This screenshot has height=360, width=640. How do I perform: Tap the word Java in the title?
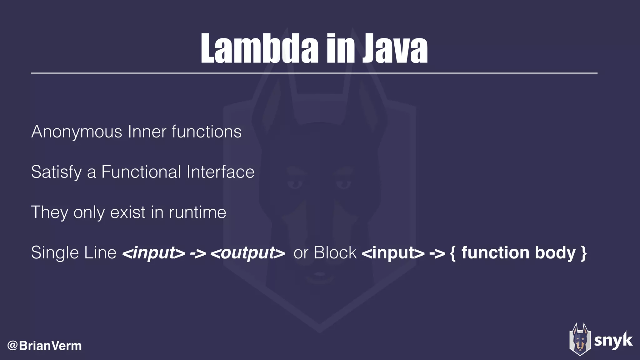pos(395,49)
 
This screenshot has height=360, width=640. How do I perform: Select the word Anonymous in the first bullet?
pos(77,132)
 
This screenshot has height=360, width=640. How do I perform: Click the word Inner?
pos(147,132)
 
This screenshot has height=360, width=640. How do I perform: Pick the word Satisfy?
pos(56,172)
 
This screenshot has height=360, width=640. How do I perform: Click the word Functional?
pos(141,172)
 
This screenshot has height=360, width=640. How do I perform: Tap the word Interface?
pos(221,172)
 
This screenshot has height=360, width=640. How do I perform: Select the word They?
pos(49,213)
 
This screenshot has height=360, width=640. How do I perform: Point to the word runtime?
pos(197,212)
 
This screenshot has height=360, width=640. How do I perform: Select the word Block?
pos(335,252)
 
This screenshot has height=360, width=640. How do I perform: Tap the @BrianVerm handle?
pos(44,346)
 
